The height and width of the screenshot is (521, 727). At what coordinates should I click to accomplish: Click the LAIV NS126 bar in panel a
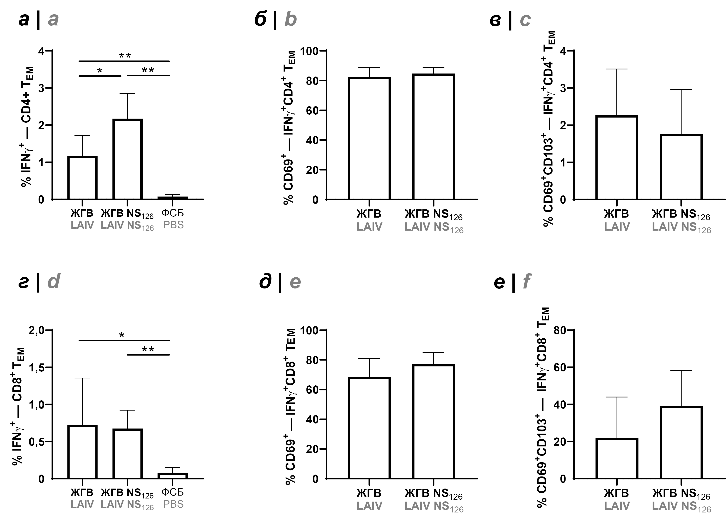127,159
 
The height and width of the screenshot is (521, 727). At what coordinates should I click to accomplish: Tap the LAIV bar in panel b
369,139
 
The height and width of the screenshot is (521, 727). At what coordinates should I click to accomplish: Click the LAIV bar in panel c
617,158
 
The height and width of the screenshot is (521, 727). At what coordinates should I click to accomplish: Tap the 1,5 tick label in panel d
37,368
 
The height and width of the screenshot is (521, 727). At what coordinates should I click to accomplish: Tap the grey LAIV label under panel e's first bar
369,506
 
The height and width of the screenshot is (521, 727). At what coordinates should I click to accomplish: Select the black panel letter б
260,19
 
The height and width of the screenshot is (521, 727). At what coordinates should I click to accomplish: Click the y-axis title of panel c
549,128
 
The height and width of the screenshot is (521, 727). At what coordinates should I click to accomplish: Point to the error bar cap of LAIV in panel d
82,378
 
